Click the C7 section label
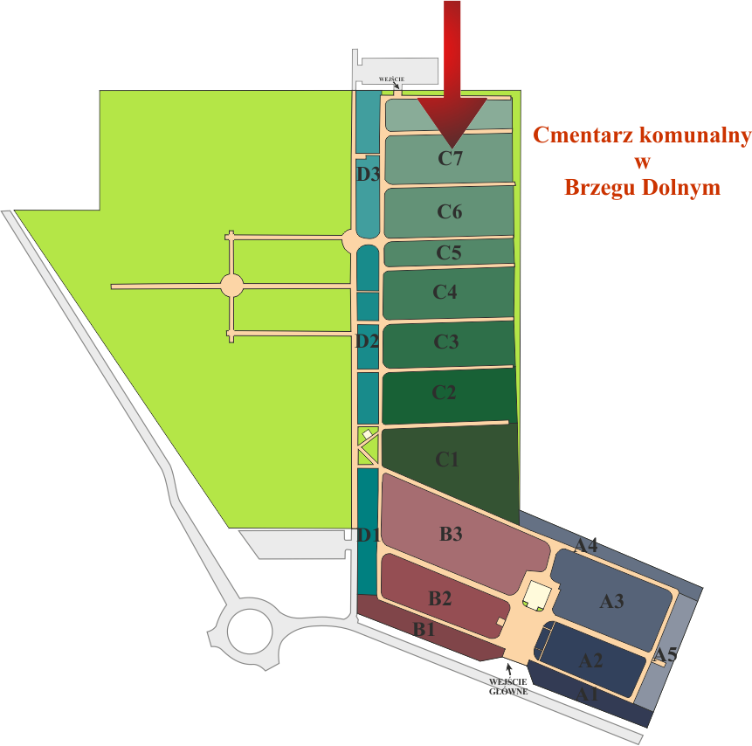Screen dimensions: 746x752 pyautogui.click(x=450, y=159)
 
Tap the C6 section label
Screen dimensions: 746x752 pyautogui.click(x=450, y=212)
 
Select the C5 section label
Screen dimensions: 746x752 pyautogui.click(x=449, y=253)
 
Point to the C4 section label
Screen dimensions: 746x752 pyautogui.click(x=445, y=293)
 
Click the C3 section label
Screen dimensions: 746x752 pyautogui.click(x=446, y=342)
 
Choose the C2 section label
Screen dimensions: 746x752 pyautogui.click(x=444, y=393)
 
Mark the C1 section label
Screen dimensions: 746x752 pyautogui.click(x=447, y=459)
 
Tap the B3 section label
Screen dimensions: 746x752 pyautogui.click(x=451, y=534)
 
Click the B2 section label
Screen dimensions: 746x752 pyautogui.click(x=439, y=598)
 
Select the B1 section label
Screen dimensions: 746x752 pyautogui.click(x=424, y=629)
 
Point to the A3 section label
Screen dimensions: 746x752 pyautogui.click(x=611, y=601)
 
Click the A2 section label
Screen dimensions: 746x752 pyautogui.click(x=591, y=660)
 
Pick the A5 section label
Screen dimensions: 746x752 pyautogui.click(x=666, y=653)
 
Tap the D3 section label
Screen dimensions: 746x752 pyautogui.click(x=368, y=174)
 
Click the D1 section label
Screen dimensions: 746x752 pyautogui.click(x=368, y=535)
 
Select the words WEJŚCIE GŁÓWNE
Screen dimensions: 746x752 pyautogui.click(x=508, y=686)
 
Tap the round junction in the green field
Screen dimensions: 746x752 pyautogui.click(x=231, y=285)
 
